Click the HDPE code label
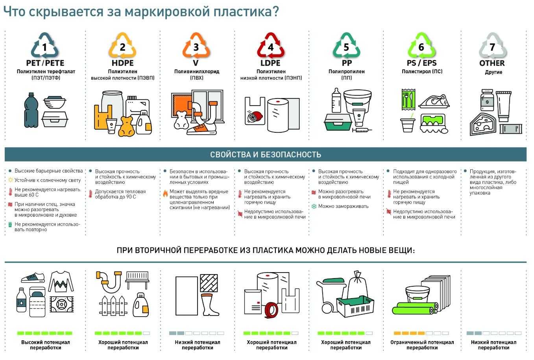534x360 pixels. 122,63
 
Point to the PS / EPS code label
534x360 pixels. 421,63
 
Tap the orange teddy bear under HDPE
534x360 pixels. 126,126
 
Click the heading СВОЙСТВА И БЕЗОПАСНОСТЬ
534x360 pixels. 266,155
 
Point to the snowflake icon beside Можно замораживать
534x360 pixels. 314,206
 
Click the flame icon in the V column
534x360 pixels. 166,194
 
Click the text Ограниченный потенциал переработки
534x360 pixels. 422,345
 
